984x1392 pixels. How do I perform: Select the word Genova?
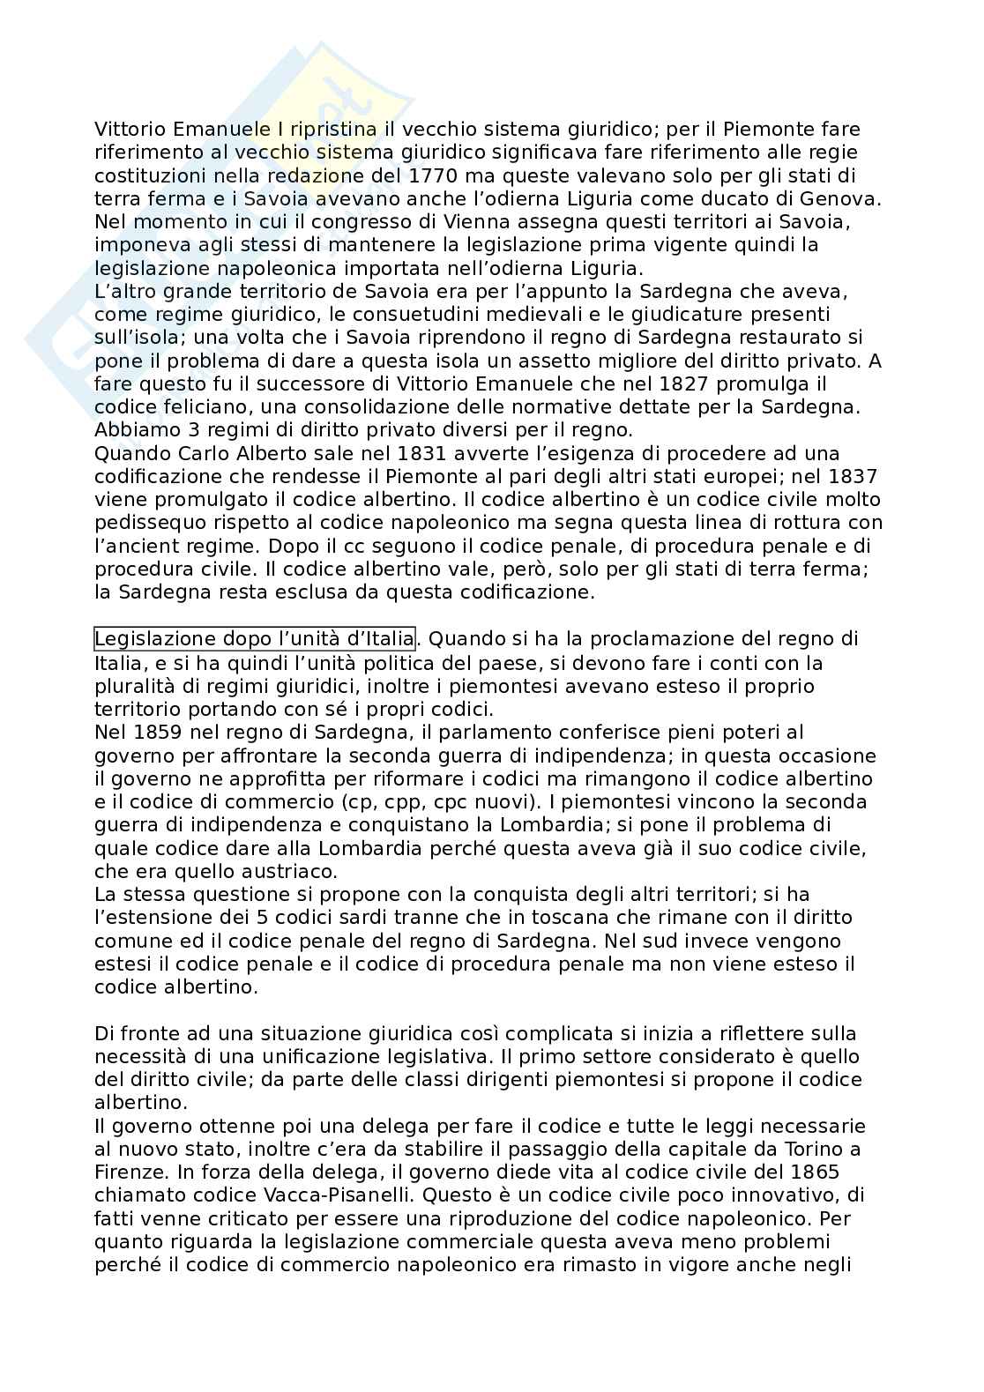(844, 198)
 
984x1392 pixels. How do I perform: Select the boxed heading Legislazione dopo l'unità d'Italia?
(254, 637)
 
